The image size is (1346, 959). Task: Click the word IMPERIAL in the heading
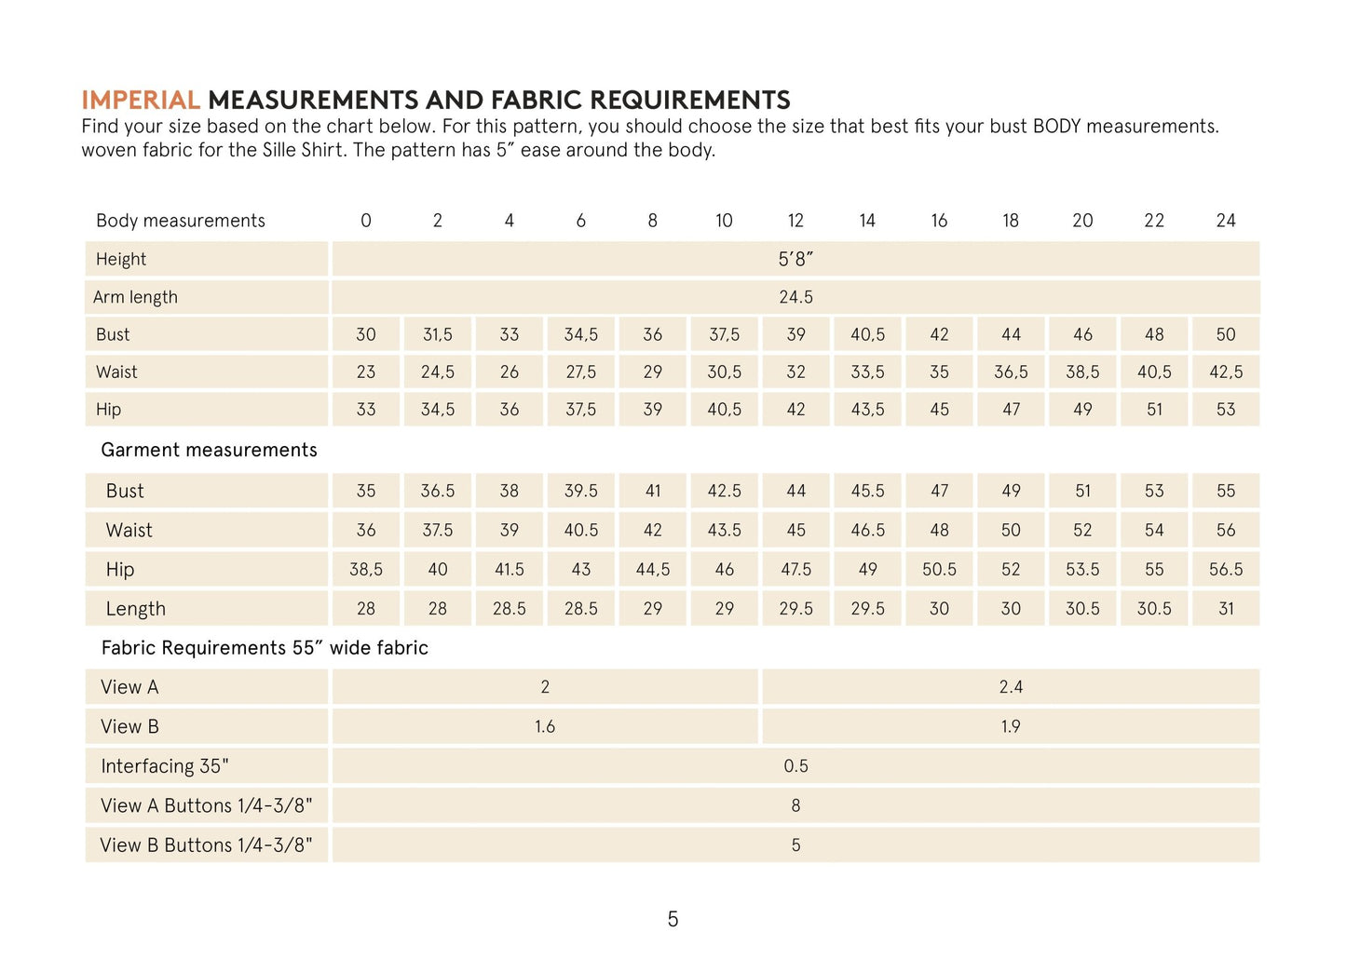(x=141, y=100)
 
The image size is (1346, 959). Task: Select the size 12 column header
(x=795, y=221)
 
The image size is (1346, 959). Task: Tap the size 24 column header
(x=1225, y=221)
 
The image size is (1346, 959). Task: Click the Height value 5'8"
(x=795, y=260)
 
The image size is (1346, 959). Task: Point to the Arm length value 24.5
(x=795, y=297)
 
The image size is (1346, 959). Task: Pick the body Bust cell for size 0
(x=366, y=334)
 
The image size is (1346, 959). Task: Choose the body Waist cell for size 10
(x=724, y=372)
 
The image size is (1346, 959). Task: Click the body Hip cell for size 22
(x=1153, y=410)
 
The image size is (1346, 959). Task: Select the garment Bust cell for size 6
(x=580, y=491)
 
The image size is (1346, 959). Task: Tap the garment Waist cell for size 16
(x=939, y=530)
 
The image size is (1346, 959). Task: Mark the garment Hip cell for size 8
(x=652, y=569)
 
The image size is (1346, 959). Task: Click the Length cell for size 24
(x=1225, y=609)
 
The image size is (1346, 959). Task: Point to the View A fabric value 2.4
(x=1011, y=687)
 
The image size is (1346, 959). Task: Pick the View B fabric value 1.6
(x=545, y=726)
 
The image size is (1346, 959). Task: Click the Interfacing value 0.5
(x=795, y=766)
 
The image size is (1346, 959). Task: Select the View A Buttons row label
(x=206, y=805)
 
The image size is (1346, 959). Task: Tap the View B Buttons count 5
(x=795, y=845)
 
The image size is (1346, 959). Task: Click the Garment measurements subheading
(x=209, y=450)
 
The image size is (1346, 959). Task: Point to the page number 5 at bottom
(x=673, y=920)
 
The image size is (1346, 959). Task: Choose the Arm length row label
(x=135, y=297)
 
